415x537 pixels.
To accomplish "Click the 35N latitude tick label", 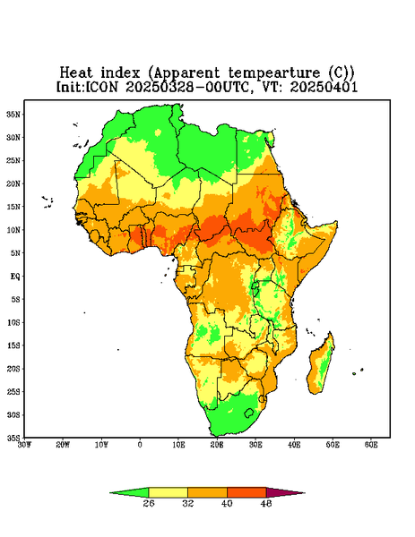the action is [x=13, y=114].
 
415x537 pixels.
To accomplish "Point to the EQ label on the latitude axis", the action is [x=14, y=276].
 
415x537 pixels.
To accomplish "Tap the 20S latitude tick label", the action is [x=13, y=369].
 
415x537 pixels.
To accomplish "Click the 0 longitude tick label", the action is [x=140, y=445].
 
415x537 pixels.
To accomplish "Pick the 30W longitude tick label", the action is [x=24, y=445].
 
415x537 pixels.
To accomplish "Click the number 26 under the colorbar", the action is [x=149, y=503].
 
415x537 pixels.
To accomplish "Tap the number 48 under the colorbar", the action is [x=266, y=503].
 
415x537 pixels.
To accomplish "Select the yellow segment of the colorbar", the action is [x=168, y=492].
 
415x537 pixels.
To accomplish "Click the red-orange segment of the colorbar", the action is [x=246, y=492].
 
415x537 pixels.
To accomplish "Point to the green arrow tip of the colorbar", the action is [x=110, y=493].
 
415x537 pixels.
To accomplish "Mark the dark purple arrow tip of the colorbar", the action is [x=304, y=493].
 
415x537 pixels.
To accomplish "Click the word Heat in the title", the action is [x=76, y=73].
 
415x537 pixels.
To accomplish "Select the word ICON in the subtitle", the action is [x=102, y=87].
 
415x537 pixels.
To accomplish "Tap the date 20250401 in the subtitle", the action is [x=324, y=87].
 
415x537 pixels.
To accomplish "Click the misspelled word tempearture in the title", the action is [x=273, y=73].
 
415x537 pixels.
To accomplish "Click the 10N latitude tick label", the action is [x=13, y=230].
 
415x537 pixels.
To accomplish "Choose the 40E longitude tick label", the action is [x=294, y=445].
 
